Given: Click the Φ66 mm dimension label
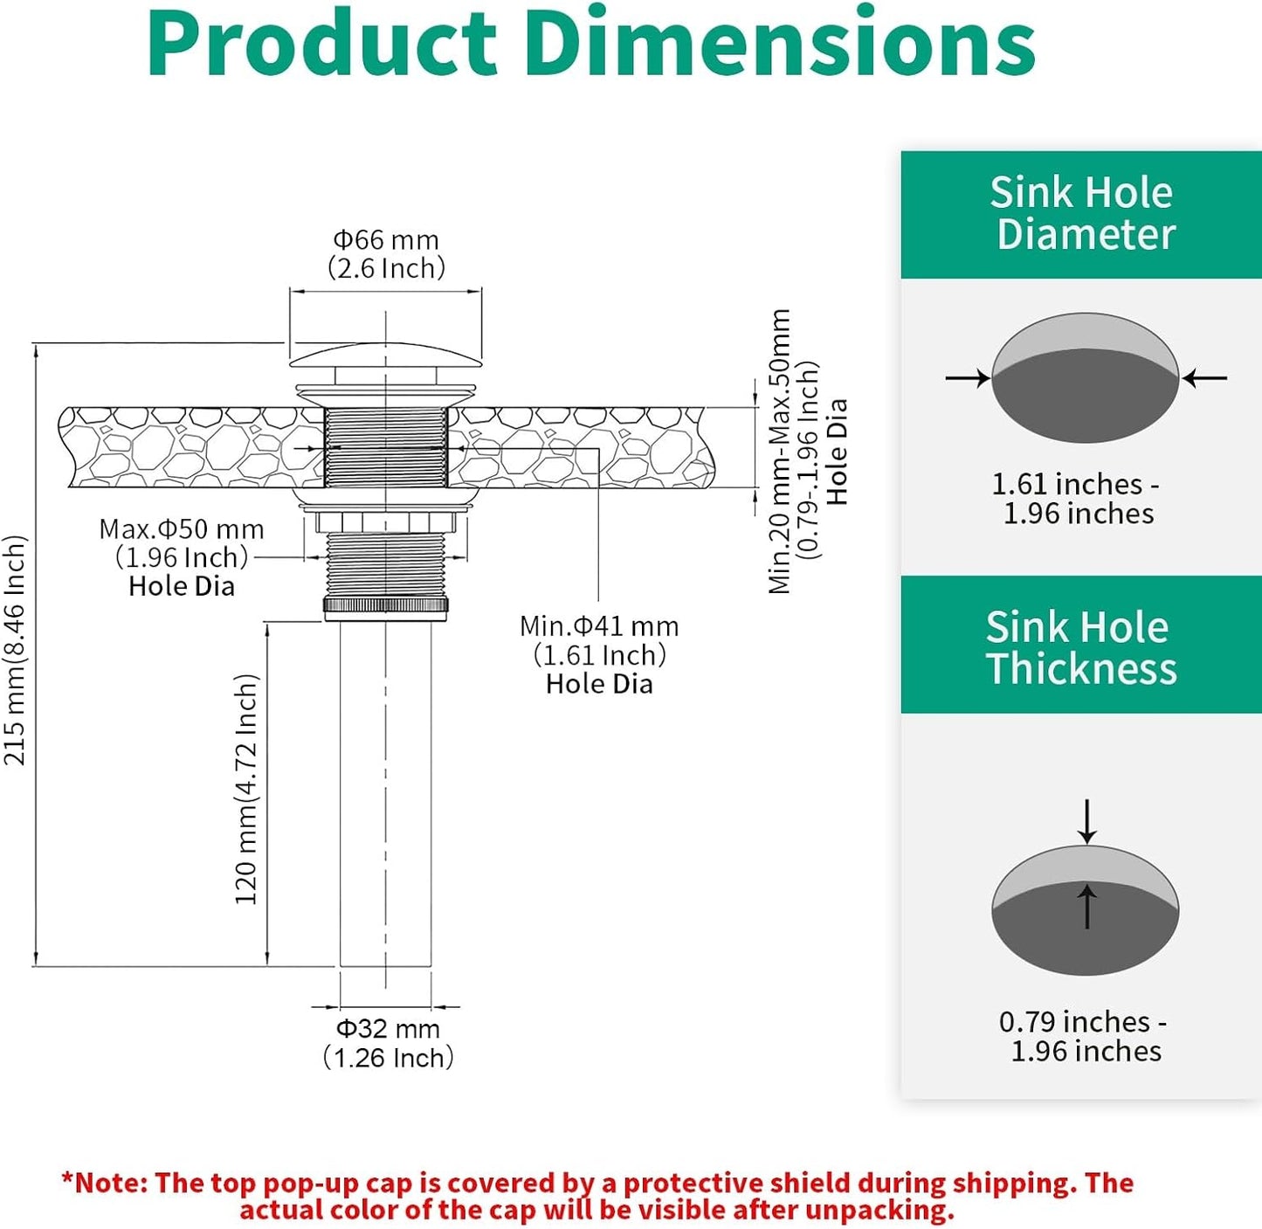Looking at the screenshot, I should (x=386, y=240).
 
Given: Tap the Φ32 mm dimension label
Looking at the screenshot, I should (x=388, y=1029).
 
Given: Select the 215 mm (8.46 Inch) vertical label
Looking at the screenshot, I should (x=16, y=651).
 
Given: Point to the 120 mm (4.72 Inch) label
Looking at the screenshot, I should (x=246, y=790).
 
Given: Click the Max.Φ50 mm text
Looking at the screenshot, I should (x=182, y=529).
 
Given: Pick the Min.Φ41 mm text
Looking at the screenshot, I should (x=599, y=626).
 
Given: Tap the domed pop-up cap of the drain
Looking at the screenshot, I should (x=385, y=355).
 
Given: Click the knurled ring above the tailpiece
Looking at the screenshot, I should (x=385, y=605).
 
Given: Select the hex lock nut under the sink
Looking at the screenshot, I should (x=385, y=521).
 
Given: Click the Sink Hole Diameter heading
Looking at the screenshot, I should (x=1082, y=214).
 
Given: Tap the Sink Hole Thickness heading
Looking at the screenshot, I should (x=1081, y=647).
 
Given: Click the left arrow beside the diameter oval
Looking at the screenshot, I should (x=968, y=378).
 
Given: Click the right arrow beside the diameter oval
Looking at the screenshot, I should (x=1204, y=378).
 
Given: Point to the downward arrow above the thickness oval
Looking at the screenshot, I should (x=1086, y=821).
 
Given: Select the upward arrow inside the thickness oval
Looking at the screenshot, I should (x=1086, y=907).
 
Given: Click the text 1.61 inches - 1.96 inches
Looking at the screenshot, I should (x=1077, y=499).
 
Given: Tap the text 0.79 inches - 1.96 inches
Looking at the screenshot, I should (x=1084, y=1036).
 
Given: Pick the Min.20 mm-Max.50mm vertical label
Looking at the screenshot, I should (x=779, y=452).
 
